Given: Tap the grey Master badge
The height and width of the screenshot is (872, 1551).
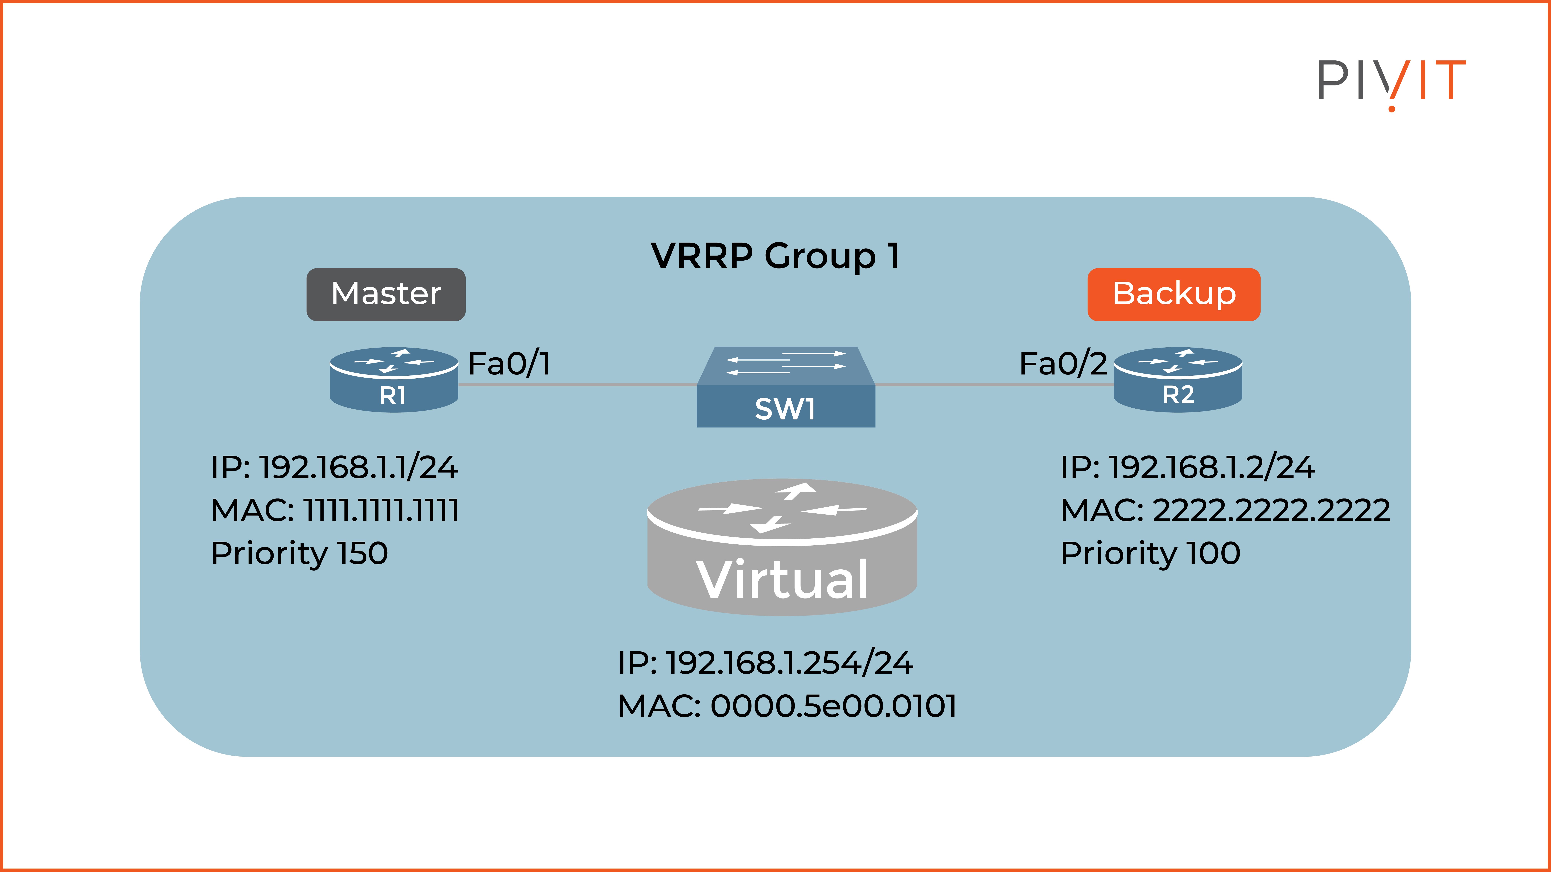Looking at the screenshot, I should tap(386, 294).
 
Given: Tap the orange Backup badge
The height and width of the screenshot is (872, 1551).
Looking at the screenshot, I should tap(1174, 294).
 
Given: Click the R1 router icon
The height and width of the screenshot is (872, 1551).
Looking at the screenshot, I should tap(394, 380).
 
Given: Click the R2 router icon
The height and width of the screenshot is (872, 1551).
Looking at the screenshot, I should tap(1178, 380).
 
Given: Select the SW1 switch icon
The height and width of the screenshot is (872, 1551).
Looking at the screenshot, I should tap(786, 388).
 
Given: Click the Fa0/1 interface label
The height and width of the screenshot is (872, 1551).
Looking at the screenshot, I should tap(509, 364).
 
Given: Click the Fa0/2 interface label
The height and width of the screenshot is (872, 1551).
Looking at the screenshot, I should tap(1063, 364).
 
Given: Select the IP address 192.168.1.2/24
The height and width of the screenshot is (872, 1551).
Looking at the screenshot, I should tap(1187, 468).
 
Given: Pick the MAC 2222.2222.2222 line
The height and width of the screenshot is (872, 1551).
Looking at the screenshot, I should tap(1225, 510).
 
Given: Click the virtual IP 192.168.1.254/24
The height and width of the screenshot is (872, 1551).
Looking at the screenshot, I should tap(765, 663).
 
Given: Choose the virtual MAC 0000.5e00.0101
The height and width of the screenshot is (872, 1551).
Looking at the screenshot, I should tap(787, 707).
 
